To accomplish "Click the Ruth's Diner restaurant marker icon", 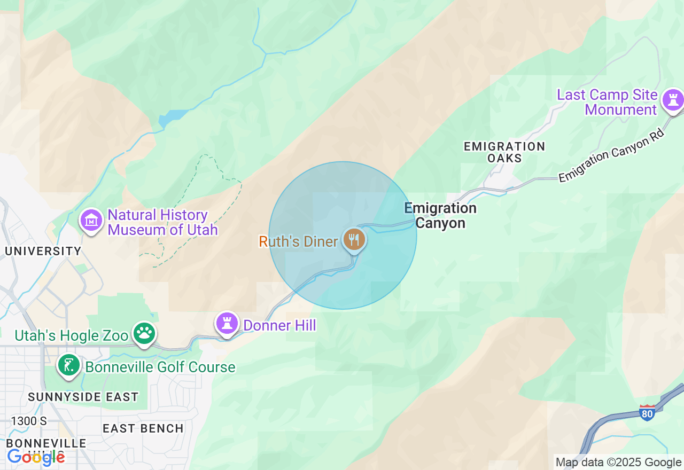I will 354,239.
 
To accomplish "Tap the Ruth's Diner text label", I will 298,241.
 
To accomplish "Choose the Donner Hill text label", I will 279,325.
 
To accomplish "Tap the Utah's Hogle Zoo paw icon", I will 144,333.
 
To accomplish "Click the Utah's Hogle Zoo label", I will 72,336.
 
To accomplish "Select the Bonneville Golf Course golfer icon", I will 69,366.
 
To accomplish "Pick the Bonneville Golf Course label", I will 160,367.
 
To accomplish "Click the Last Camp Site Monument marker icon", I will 673,100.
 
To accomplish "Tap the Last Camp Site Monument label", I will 608,103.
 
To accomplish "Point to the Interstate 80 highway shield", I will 647,412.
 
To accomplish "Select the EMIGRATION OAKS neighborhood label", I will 504,152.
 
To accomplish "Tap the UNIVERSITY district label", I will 43,251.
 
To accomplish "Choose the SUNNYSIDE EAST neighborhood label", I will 83,397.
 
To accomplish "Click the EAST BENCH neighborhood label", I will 143,428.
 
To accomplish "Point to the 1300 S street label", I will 28,421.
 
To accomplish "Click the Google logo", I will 36,457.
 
